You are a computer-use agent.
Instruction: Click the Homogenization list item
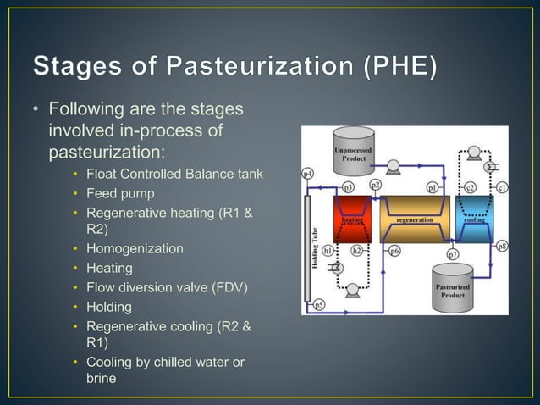tap(135, 249)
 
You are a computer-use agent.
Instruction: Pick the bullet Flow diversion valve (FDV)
tap(167, 287)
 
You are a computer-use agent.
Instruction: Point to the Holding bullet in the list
tap(109, 307)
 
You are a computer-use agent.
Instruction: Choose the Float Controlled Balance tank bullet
tap(174, 175)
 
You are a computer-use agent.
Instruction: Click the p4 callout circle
tap(308, 174)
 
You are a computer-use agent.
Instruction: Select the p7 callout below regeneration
tap(453, 254)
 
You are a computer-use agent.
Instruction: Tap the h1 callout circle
tap(328, 251)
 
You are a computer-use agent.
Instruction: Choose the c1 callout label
tap(501, 187)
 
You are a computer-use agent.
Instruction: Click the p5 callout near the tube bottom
tap(319, 305)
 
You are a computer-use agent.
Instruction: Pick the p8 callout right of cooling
tap(502, 247)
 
